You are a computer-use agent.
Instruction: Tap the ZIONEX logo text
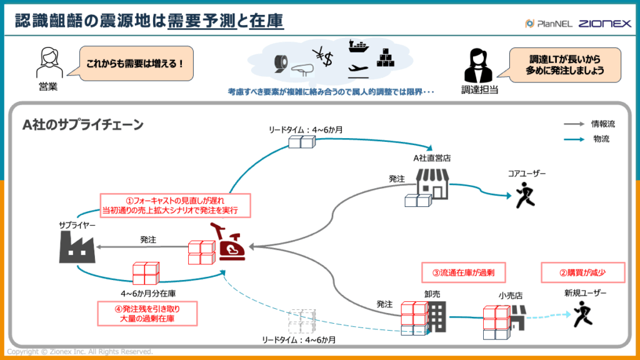[x=604, y=24]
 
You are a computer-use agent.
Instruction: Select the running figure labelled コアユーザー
[x=524, y=196]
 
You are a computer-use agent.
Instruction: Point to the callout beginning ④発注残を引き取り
[x=147, y=313]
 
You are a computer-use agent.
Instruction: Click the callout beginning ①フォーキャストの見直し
[x=175, y=205]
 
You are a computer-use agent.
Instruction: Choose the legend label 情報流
[x=602, y=125]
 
